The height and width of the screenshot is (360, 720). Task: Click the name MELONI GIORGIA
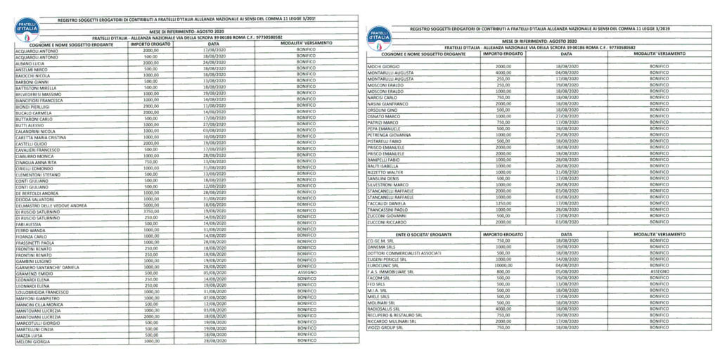pos(32,342)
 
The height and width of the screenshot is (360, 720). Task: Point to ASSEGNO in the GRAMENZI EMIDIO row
pos(305,271)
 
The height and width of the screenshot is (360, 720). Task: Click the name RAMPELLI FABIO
pos(384,160)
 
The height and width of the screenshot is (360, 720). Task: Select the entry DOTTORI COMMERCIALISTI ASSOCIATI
pos(404,253)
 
